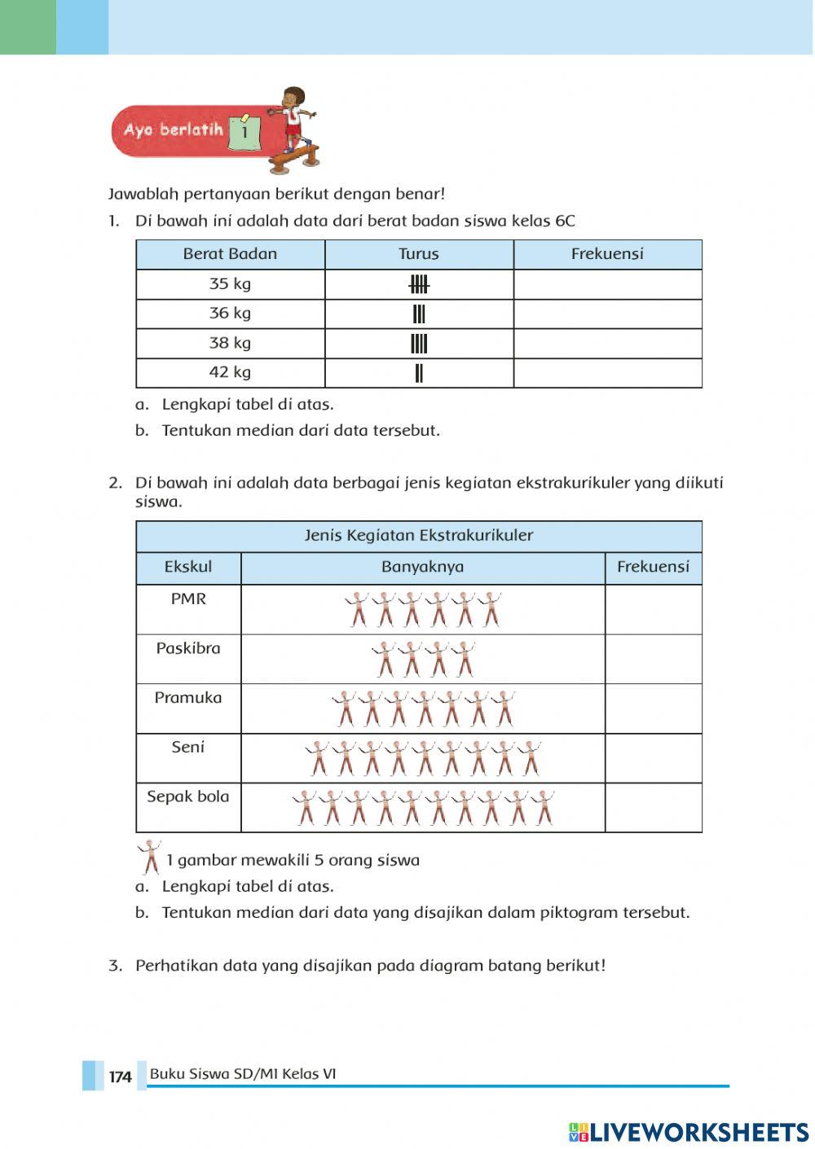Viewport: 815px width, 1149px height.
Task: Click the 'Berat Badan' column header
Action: [x=230, y=254]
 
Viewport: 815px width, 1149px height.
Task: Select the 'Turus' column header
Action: [x=419, y=254]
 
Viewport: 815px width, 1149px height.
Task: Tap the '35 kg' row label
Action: [x=230, y=284]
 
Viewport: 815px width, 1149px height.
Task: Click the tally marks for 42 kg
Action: [x=419, y=373]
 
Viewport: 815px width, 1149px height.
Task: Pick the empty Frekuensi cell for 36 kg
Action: [x=607, y=314]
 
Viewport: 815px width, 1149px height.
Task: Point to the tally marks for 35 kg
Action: [x=419, y=284]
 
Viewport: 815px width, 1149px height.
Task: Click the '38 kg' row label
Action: [x=230, y=343]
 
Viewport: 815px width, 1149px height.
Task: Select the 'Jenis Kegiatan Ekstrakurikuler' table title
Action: [x=419, y=536]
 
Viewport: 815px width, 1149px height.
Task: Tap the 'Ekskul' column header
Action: [x=188, y=568]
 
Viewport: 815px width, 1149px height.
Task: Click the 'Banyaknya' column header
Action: [x=422, y=568]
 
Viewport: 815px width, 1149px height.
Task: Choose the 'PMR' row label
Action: [x=188, y=599]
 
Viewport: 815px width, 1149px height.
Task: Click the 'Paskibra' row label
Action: [x=188, y=649]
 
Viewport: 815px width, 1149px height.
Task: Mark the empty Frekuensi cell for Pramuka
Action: [x=653, y=708]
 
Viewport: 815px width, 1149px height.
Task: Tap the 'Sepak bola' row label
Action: [x=188, y=797]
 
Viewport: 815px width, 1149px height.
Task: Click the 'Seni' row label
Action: [x=188, y=748]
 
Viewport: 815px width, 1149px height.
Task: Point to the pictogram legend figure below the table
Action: [x=149, y=857]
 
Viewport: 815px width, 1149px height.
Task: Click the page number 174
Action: [x=120, y=1077]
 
